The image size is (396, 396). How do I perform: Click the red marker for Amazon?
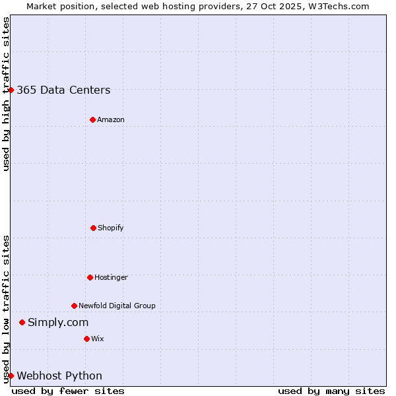point(92,119)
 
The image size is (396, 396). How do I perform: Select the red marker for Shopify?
point(93,228)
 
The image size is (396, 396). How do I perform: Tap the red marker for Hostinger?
point(90,277)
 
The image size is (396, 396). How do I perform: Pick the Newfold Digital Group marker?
point(74,306)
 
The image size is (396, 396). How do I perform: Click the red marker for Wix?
point(86,339)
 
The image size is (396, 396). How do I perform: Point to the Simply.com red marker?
point(22,322)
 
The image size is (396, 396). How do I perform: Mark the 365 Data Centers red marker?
point(11,90)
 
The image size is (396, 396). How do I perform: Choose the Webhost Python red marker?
point(11,376)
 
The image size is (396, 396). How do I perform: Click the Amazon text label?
point(111,119)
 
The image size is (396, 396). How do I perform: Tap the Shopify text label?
point(111,228)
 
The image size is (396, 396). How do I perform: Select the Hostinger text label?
point(111,277)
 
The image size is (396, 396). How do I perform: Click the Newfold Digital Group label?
point(117,306)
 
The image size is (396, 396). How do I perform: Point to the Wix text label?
point(98,339)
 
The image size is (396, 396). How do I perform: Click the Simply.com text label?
point(58,322)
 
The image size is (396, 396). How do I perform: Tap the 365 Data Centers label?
point(63,90)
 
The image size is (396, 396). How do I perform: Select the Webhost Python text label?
point(59,376)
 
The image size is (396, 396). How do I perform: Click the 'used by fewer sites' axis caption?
point(68,391)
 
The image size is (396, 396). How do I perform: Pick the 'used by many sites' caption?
point(331,391)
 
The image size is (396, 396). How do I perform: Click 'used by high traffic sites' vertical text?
point(6,94)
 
